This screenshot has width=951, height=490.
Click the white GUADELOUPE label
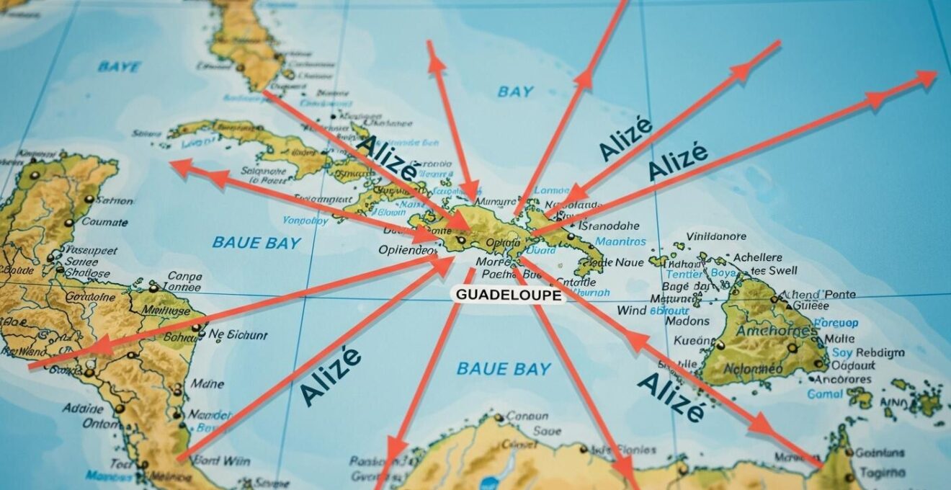click(508, 295)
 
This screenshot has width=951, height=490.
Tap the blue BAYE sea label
click(119, 67)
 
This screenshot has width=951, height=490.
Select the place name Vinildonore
click(716, 236)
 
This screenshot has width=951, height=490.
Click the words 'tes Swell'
click(774, 271)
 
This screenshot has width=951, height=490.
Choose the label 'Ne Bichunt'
click(237, 335)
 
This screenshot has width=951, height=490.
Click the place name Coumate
click(104, 222)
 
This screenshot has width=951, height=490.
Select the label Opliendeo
click(407, 251)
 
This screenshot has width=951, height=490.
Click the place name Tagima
click(883, 472)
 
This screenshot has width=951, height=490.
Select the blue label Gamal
click(824, 394)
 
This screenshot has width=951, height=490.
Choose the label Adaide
click(83, 408)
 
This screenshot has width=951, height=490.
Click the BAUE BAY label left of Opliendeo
click(256, 243)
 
